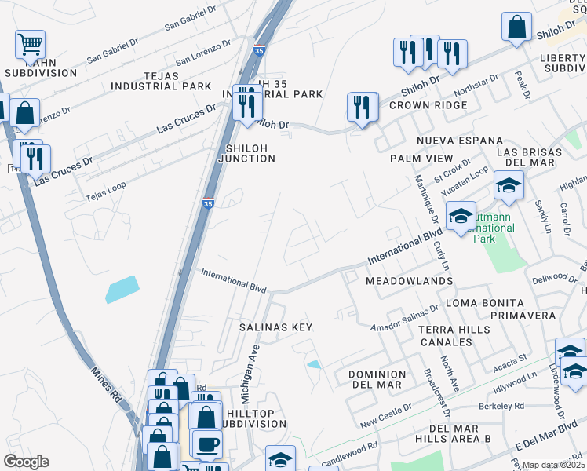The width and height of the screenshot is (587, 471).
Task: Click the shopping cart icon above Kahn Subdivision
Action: tap(30, 45)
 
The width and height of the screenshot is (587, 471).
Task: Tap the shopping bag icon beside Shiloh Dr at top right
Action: tap(517, 27)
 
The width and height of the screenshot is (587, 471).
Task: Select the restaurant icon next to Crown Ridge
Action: tap(362, 108)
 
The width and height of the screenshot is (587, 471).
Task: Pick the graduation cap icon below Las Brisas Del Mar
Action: tap(509, 187)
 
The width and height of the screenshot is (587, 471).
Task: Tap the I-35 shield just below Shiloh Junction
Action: tap(209, 203)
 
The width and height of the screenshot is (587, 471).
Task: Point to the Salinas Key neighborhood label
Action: tap(275, 327)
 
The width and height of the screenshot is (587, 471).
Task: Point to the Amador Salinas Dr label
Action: tap(404, 317)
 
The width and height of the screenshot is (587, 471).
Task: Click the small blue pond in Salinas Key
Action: tap(314, 364)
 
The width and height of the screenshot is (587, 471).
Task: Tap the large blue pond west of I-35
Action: tap(122, 290)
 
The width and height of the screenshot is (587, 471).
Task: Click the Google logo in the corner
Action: tap(26, 461)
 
